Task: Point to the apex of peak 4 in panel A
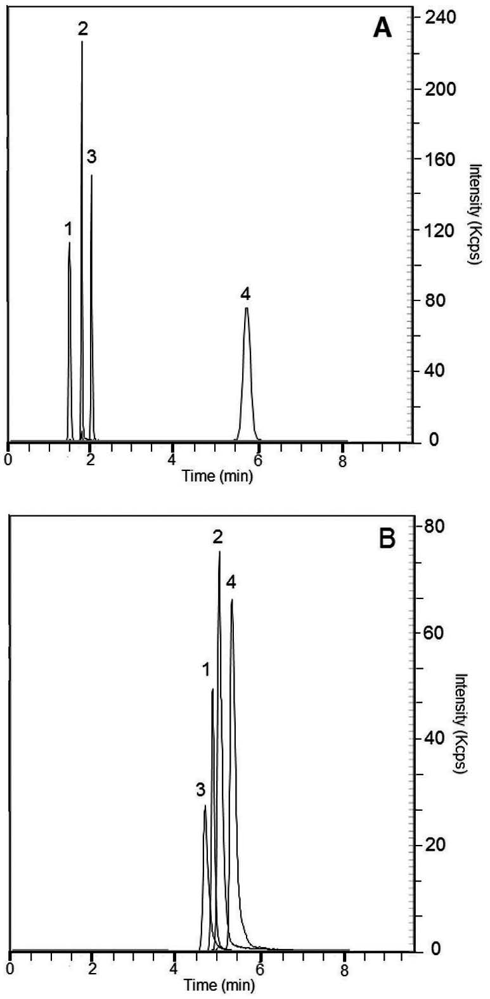pyautogui.click(x=247, y=308)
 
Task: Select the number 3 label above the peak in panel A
pyautogui.click(x=91, y=157)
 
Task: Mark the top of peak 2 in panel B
pyautogui.click(x=219, y=552)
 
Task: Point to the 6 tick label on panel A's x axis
pyautogui.click(x=258, y=461)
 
